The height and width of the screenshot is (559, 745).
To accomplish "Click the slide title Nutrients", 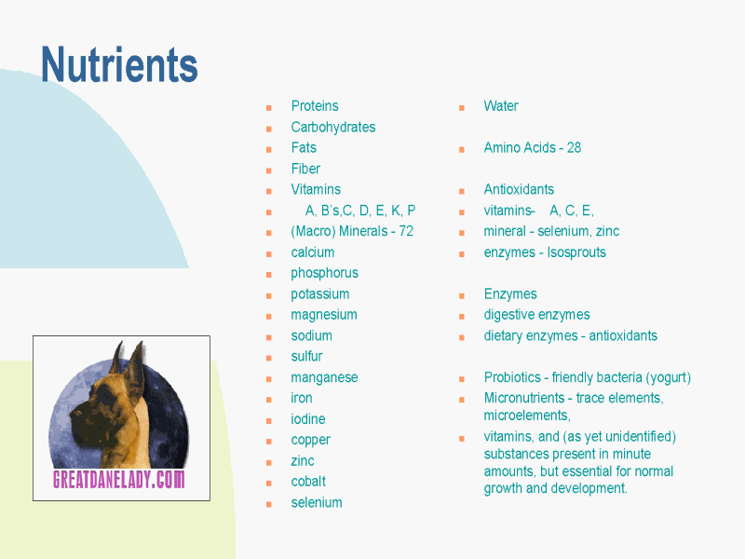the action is (119, 64).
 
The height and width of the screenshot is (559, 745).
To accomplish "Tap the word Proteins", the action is (315, 105).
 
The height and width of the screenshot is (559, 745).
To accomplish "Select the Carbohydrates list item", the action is (333, 127).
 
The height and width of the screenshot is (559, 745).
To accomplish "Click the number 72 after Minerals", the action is (406, 231).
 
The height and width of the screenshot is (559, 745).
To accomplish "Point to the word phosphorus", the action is (324, 273).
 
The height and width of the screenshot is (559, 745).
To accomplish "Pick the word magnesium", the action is (324, 315).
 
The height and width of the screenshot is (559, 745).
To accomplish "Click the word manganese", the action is (324, 377).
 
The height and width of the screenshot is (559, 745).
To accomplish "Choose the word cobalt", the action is (308, 482).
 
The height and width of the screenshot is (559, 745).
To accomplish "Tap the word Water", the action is (501, 105).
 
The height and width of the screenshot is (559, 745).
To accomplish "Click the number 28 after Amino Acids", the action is (574, 147).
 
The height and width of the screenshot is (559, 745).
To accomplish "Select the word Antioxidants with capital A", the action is (519, 189).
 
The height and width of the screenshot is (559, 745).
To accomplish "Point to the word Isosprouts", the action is (576, 252).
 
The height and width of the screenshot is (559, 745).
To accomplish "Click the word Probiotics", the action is (512, 377).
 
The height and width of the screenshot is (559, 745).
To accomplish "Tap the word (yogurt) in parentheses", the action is (668, 377).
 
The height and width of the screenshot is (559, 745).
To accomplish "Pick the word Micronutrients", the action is (524, 398).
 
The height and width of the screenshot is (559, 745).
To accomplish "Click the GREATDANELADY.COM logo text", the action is (119, 480).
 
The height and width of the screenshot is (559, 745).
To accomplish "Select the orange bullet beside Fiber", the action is (269, 170).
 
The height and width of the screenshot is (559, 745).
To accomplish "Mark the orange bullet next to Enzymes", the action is (461, 295).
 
